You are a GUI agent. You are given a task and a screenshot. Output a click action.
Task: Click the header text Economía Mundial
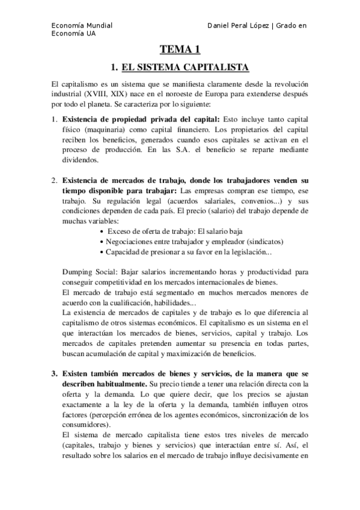(81, 25)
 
